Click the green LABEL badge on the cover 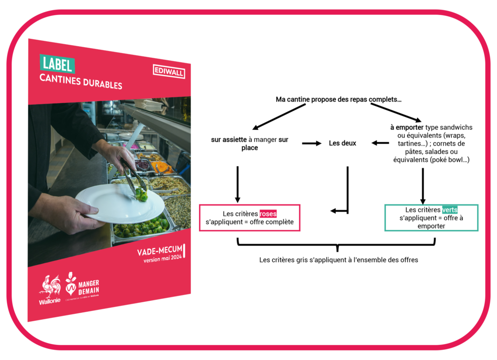coord(57,64)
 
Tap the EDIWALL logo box coord(169,71)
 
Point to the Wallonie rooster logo coord(50,290)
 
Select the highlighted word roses coord(268,214)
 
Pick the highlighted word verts coord(449,210)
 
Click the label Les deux coord(343,143)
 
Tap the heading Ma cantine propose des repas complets coord(339,99)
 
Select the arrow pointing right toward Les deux coord(312,143)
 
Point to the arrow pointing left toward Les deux coord(380,143)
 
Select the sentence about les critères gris coord(338,260)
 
